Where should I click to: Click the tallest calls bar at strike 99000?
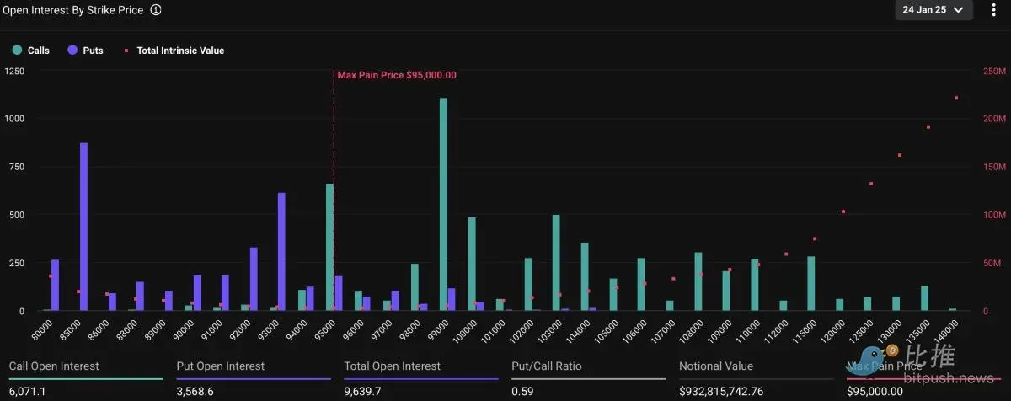pos(443,204)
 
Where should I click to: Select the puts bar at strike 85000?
pos(83,226)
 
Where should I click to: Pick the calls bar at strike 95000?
pos(330,247)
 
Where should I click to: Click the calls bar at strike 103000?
pos(556,262)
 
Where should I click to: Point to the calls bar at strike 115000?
pos(810,283)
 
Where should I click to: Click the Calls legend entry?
pos(31,51)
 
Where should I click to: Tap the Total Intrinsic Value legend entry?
pos(174,51)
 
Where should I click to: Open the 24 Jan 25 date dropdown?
pos(933,10)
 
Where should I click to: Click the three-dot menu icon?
pos(994,10)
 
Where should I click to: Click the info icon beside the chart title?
pos(156,10)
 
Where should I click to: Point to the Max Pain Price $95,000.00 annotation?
pos(397,75)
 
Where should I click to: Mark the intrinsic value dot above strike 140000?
pos(956,98)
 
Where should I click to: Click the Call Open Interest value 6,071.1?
pos(28,392)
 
